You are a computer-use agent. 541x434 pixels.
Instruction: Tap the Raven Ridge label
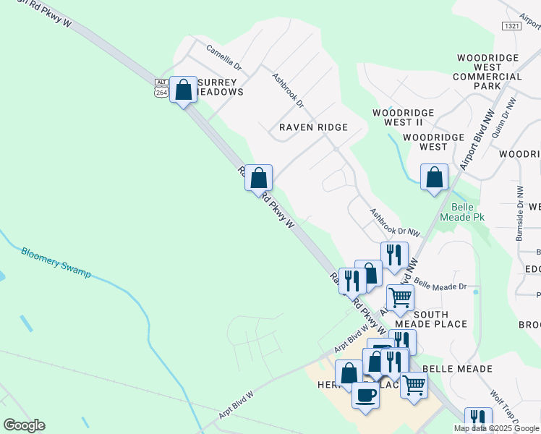pos(313,127)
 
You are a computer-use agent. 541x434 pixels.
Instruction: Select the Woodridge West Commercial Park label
pos(487,72)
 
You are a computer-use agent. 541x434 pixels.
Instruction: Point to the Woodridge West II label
pos(403,117)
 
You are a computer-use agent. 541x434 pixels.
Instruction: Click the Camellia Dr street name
pos(223,58)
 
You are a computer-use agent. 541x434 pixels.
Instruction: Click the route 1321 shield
pos(511,25)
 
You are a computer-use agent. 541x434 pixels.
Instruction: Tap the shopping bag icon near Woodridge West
pos(434,177)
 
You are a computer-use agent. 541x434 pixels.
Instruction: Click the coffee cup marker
pos(365,395)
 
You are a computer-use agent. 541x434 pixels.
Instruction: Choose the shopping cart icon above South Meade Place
pos(399,297)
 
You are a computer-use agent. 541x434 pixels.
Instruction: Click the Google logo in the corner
pos(24,425)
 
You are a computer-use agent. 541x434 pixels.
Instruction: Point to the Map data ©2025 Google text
pos(496,428)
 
